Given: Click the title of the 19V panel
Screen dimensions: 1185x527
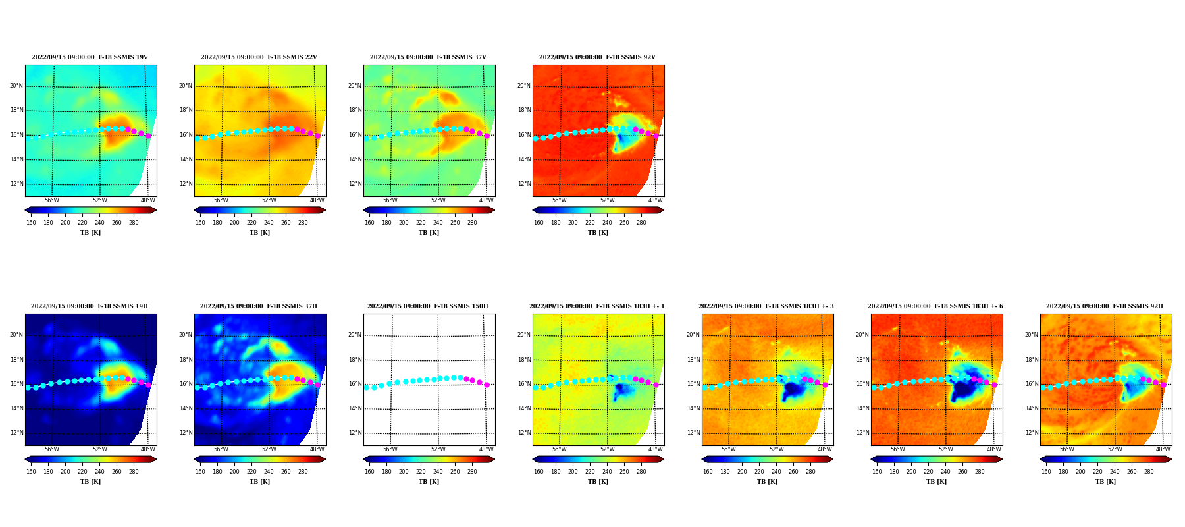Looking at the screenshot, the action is coord(90,57).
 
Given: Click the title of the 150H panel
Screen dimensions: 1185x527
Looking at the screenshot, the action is coord(428,306).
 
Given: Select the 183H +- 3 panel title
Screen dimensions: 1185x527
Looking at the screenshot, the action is coord(766,306).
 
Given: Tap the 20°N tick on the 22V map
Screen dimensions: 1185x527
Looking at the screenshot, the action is coord(186,86).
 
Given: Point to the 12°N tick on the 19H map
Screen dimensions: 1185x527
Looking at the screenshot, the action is coord(16,433).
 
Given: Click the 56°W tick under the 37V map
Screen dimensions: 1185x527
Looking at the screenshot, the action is coord(390,200).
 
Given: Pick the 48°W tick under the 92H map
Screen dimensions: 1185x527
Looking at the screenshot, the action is coord(1163,449).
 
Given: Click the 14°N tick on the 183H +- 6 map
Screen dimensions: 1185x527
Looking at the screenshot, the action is coord(862,408).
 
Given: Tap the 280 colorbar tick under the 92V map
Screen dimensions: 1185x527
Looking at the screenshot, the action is coord(641,223).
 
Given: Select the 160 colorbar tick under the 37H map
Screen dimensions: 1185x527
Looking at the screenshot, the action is coord(200,472).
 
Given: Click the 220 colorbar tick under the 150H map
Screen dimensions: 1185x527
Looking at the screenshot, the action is coord(421,472).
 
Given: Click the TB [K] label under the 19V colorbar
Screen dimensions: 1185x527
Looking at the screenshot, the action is coord(90,233).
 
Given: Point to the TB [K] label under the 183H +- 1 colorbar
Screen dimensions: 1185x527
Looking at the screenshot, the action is coord(598,482).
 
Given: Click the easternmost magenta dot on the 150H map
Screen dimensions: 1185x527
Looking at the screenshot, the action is coord(487,385).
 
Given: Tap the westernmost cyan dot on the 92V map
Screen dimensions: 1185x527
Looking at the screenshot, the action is coord(535,138).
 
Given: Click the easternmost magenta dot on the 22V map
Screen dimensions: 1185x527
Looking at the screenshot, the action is coord(317,136).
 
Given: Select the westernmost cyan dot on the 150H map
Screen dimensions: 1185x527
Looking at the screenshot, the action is coord(366,387).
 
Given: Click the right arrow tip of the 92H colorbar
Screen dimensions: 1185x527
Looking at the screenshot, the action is coord(1172,459).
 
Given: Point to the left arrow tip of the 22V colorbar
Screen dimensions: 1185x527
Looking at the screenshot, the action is coord(194,210).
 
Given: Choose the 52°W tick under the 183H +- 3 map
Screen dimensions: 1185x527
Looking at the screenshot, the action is coord(777,449).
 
